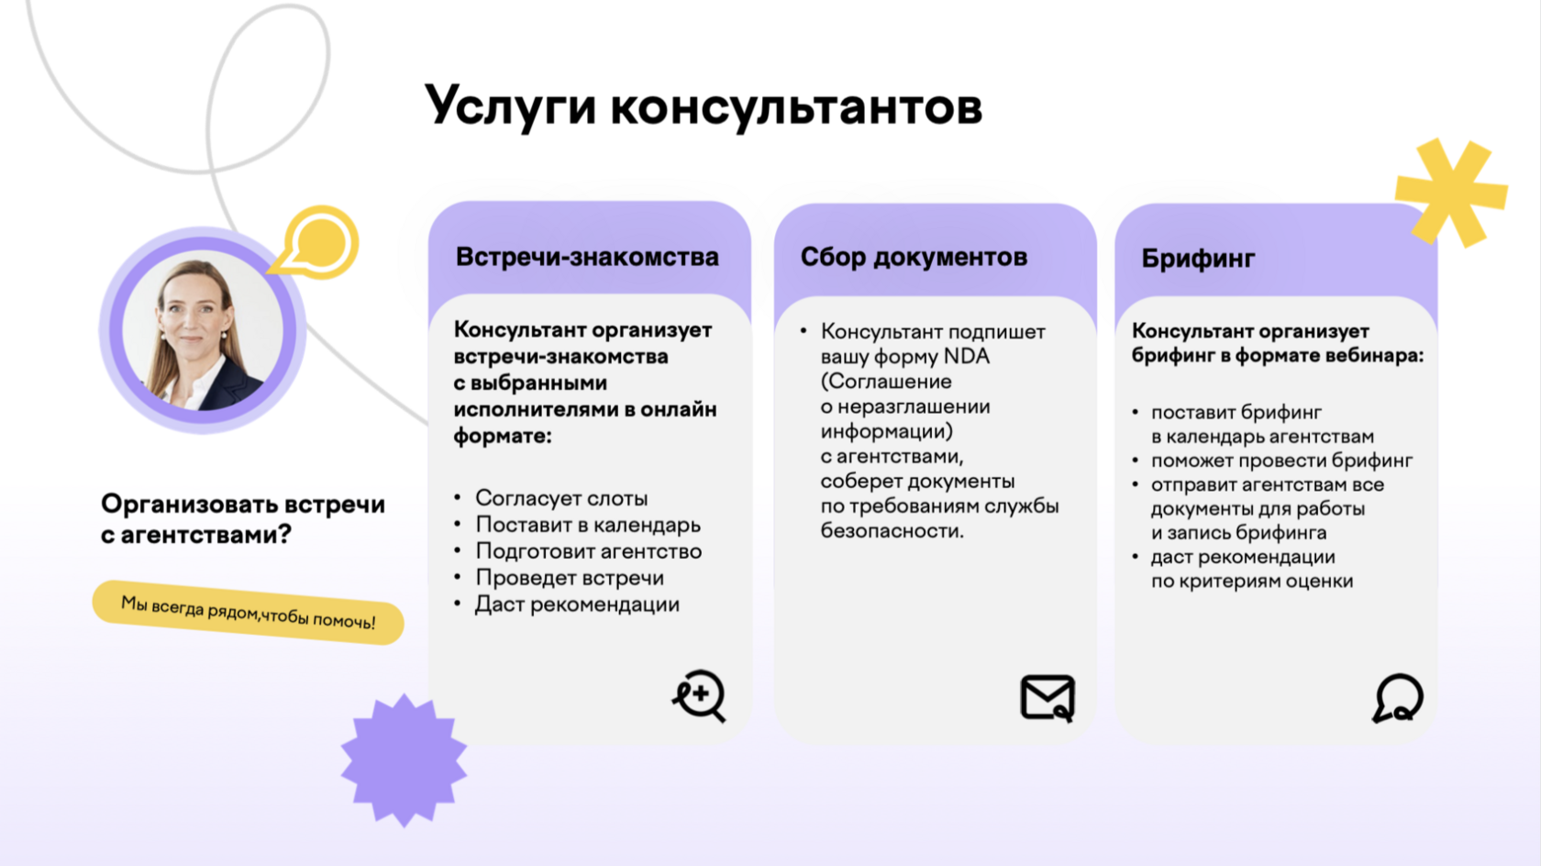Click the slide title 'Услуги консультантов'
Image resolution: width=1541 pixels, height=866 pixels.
704,106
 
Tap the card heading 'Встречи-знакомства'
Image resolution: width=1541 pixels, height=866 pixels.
587,257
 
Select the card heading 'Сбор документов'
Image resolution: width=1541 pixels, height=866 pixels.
914,257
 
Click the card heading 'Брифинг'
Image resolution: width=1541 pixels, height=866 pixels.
1198,259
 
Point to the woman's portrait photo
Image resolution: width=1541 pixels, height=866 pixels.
203,331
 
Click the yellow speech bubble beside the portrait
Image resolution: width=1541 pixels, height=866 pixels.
318,243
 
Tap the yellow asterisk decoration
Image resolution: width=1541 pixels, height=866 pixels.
1450,193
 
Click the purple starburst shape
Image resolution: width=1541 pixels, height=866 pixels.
404,761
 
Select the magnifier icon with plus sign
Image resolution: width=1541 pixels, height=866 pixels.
699,695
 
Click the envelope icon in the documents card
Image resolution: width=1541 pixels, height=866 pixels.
1048,698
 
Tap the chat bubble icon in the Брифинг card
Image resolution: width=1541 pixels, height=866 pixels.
1397,698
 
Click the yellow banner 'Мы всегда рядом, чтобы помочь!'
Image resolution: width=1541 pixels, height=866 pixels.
248,612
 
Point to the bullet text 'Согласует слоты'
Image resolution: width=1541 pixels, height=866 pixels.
561,498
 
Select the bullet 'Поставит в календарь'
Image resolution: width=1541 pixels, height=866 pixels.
588,525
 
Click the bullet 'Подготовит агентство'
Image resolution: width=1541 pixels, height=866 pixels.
588,551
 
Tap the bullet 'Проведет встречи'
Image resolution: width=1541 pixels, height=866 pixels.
570,578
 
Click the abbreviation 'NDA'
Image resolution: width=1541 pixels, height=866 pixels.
967,356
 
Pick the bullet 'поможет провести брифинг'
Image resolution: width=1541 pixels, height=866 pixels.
1281,461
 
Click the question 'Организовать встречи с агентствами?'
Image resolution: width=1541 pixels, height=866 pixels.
242,518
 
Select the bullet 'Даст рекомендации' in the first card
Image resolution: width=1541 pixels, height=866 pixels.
577,605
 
